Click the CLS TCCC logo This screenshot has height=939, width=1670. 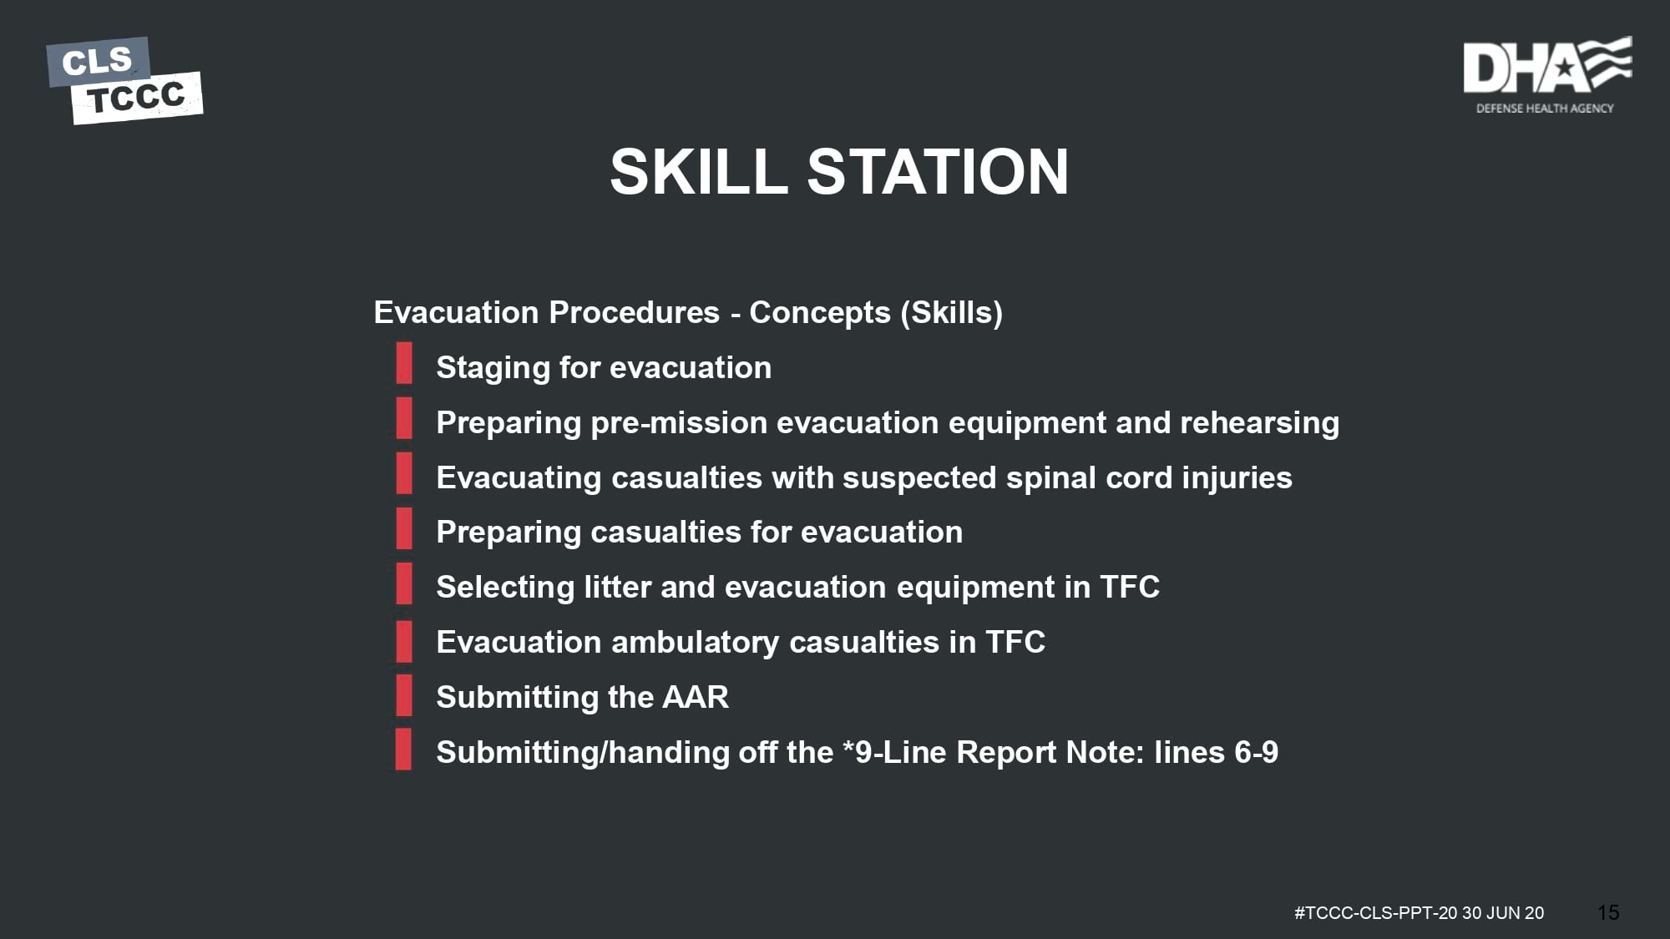(124, 80)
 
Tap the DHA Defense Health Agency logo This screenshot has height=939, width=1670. (1547, 75)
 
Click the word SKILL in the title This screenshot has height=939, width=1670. (699, 172)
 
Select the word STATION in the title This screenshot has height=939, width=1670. (938, 172)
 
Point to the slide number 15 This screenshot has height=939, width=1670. (1608, 913)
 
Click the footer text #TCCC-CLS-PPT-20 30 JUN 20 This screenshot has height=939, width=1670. (1419, 913)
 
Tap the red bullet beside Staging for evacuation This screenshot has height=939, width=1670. (404, 362)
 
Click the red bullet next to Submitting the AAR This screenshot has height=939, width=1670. (404, 694)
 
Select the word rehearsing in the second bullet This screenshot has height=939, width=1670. (1259, 423)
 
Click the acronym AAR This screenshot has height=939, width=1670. (696, 697)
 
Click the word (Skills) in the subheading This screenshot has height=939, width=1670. (951, 313)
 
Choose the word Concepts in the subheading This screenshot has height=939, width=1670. (820, 313)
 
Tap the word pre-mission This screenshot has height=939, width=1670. (679, 423)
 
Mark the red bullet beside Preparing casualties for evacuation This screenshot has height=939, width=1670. (404, 528)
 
